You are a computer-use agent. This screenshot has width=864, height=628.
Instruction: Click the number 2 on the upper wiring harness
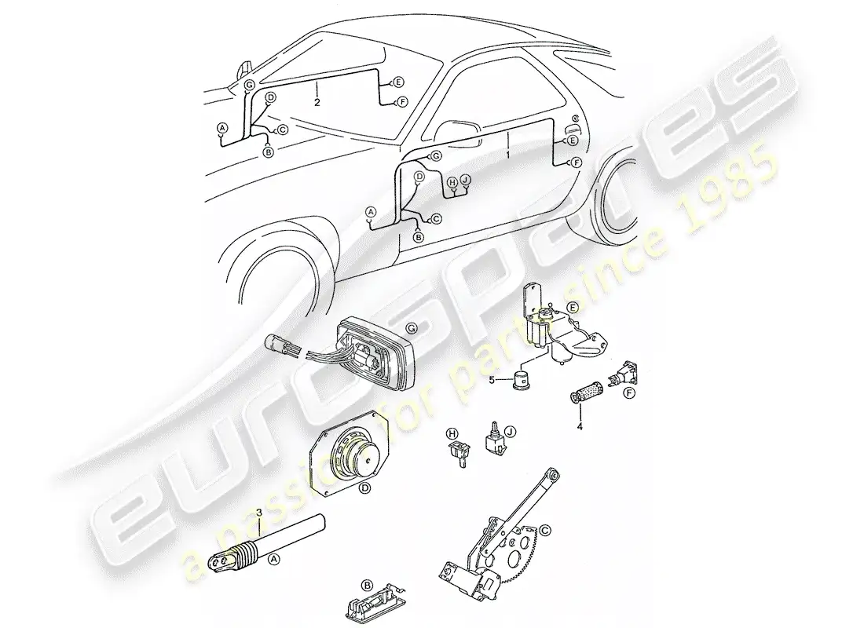[x=317, y=103]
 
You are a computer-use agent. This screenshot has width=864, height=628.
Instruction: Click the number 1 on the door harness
[x=507, y=155]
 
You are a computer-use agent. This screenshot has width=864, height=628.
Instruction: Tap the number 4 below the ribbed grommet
[x=580, y=425]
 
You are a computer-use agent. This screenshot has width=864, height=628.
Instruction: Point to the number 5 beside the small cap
[x=492, y=380]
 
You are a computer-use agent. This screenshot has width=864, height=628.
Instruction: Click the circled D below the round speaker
[x=364, y=487]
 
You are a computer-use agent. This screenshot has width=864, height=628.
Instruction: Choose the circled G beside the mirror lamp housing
[x=411, y=328]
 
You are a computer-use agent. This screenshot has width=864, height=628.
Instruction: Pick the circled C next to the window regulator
[x=544, y=531]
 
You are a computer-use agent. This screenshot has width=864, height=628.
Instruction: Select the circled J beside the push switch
[x=510, y=433]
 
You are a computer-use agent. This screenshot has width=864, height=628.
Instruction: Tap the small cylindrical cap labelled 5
[x=519, y=379]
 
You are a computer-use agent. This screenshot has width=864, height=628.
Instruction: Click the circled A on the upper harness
[x=222, y=128]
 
